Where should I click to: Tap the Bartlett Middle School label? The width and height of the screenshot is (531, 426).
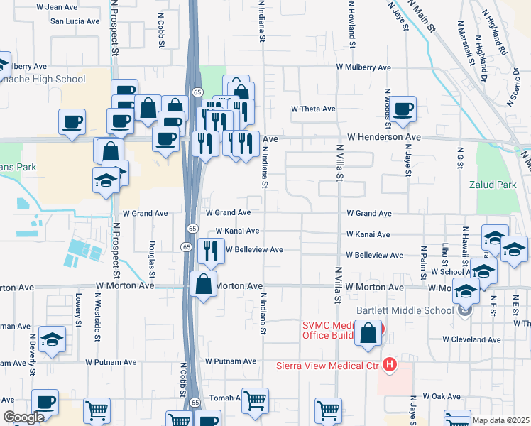pyautogui.click(x=405, y=310)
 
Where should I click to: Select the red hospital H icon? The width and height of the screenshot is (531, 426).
pyautogui.click(x=388, y=366)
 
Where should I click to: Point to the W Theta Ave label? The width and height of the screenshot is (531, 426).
pyautogui.click(x=313, y=109)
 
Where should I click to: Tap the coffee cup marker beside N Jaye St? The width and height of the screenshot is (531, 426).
pyautogui.click(x=403, y=109)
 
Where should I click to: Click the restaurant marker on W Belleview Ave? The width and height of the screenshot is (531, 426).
pyautogui.click(x=210, y=250)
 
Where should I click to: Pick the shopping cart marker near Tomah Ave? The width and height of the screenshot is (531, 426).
pyautogui.click(x=255, y=400)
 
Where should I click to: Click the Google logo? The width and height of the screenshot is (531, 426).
pyautogui.click(x=23, y=418)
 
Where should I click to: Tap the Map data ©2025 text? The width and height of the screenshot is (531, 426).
pyautogui.click(x=501, y=420)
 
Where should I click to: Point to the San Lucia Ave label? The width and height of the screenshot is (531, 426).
pyautogui.click(x=75, y=21)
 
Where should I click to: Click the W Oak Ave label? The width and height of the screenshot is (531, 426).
pyautogui.click(x=442, y=396)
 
